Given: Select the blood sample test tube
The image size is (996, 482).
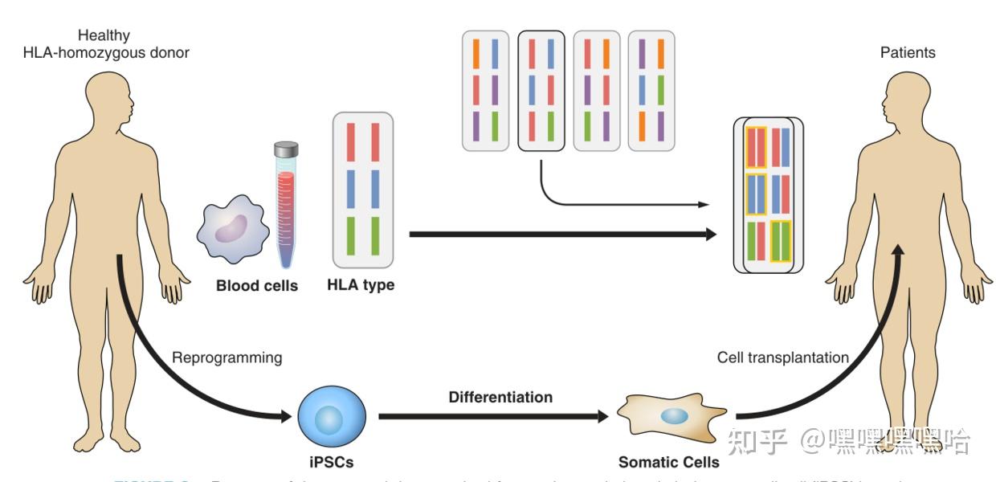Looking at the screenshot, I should coord(286,204).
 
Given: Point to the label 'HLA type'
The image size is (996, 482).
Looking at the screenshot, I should coord(361,285).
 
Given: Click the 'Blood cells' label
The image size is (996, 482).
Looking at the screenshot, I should coord(257,285).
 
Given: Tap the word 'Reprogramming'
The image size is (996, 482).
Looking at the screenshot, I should coord(227,357).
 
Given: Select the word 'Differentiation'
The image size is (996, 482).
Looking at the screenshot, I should coord(500,397).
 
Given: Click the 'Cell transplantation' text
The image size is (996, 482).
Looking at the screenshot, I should coord(782,357).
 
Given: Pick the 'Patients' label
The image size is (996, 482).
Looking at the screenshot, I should coord(908,52).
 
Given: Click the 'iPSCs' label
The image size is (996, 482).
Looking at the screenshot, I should coord(331,462).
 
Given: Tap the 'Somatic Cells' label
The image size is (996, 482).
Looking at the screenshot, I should coord(668,462).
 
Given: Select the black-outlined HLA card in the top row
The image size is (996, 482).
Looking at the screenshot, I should coord(541,90).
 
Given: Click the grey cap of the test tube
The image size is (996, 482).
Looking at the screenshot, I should coord(286,149).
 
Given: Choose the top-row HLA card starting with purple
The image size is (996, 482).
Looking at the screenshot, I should coord(651,90).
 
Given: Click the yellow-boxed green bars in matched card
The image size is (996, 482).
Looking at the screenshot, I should coord(781,241).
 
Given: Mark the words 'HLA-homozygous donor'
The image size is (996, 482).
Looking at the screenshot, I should coord(106,53).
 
